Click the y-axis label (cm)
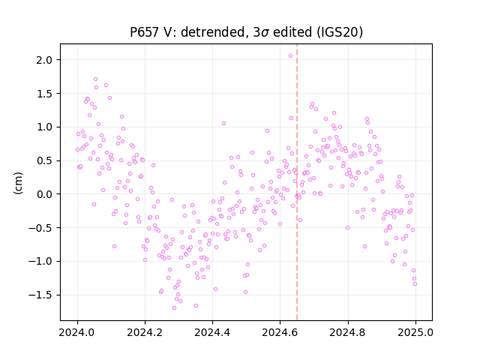[18, 183]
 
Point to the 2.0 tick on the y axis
[44, 60]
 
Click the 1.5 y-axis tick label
[44, 94]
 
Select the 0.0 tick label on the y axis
[44, 194]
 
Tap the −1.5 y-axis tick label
[40, 295]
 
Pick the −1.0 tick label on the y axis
[40, 262]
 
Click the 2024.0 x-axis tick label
[77, 332]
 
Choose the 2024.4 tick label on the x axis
[212, 332]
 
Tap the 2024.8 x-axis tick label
[348, 332]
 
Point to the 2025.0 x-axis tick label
[415, 332]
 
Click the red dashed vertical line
[297, 182]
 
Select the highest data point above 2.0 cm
[290, 55]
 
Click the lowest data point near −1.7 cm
[174, 307]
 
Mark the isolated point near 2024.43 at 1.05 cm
[223, 123]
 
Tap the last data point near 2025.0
[415, 283]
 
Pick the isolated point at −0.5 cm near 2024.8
[347, 227]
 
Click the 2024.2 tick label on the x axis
[145, 332]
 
